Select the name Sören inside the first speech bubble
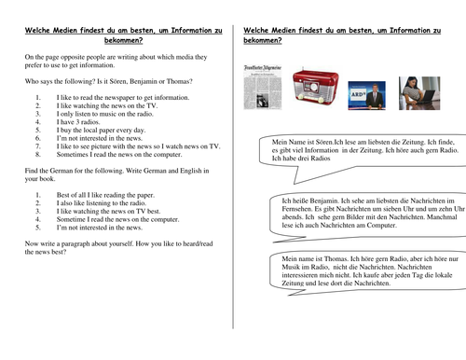(323, 142)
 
